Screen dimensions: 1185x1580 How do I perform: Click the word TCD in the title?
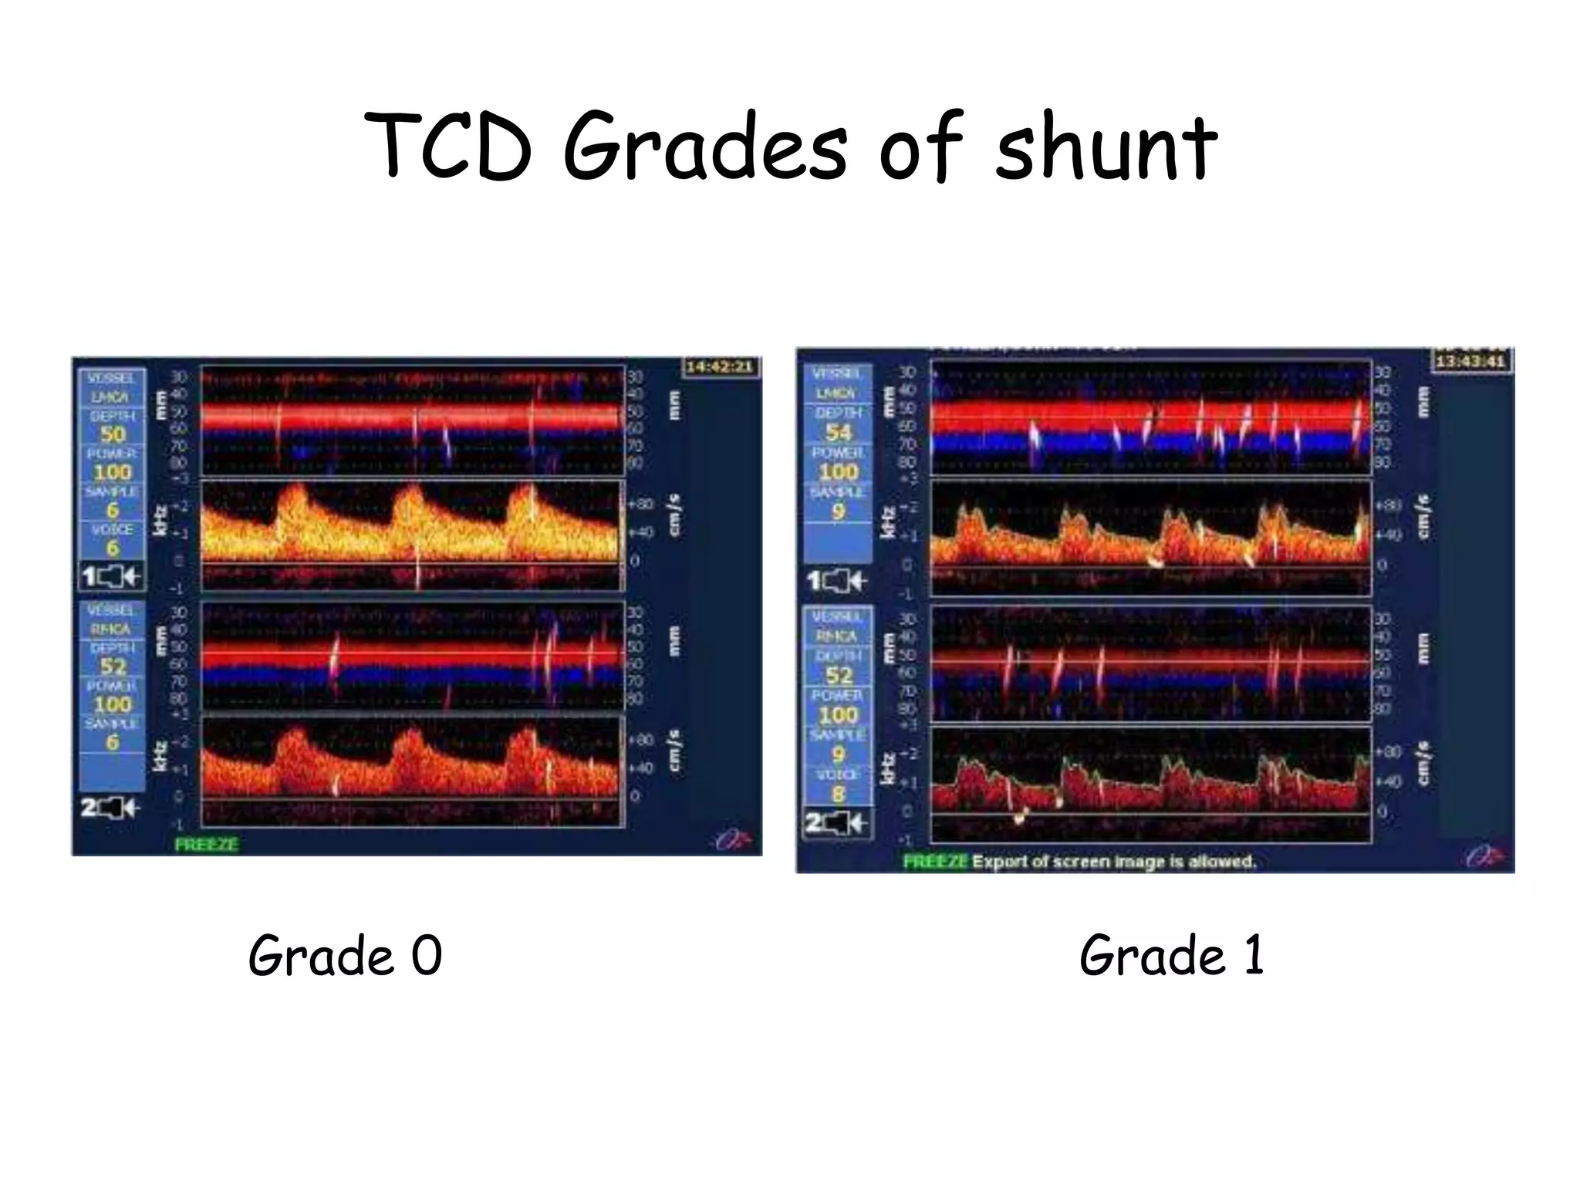(x=447, y=147)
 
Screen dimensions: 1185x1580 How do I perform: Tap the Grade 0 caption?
(x=345, y=955)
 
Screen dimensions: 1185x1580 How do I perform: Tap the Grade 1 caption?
(x=1171, y=955)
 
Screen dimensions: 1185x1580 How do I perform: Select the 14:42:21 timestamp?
(x=720, y=366)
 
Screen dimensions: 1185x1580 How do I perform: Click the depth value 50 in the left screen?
(x=113, y=434)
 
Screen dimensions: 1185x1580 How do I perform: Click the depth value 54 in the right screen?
(x=838, y=433)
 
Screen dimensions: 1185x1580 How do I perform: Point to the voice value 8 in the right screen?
(x=838, y=794)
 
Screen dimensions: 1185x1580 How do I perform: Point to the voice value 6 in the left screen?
(x=113, y=549)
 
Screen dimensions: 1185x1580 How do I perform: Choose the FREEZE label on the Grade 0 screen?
(x=206, y=844)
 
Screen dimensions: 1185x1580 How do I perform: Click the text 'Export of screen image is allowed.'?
(x=1113, y=861)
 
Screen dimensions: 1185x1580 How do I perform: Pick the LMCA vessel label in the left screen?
(x=113, y=397)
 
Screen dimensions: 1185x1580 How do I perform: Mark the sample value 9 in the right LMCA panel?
(x=838, y=511)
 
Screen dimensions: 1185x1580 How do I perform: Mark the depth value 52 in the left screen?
(x=113, y=667)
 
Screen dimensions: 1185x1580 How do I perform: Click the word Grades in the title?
(x=705, y=147)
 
